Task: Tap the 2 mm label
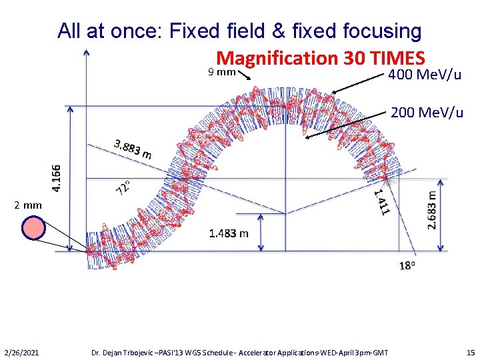tap(28, 205)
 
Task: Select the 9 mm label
tap(221, 71)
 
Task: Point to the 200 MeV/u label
tap(427, 112)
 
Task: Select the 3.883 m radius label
tap(133, 149)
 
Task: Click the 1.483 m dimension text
tap(229, 233)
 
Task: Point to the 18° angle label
tap(408, 265)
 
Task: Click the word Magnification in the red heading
tap(278, 59)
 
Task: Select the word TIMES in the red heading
tap(396, 59)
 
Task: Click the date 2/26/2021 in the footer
tap(21, 351)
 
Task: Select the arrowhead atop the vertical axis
tap(86, 53)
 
